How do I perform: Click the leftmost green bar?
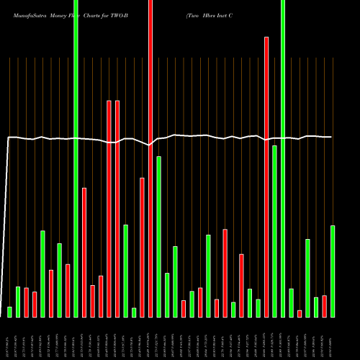click(9, 312)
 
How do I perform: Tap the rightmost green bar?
click(333, 271)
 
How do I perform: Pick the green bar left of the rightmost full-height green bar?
click(274, 230)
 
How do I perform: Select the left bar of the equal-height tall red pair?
click(109, 209)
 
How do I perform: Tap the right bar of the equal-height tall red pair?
click(117, 209)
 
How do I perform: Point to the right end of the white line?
click(332, 137)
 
